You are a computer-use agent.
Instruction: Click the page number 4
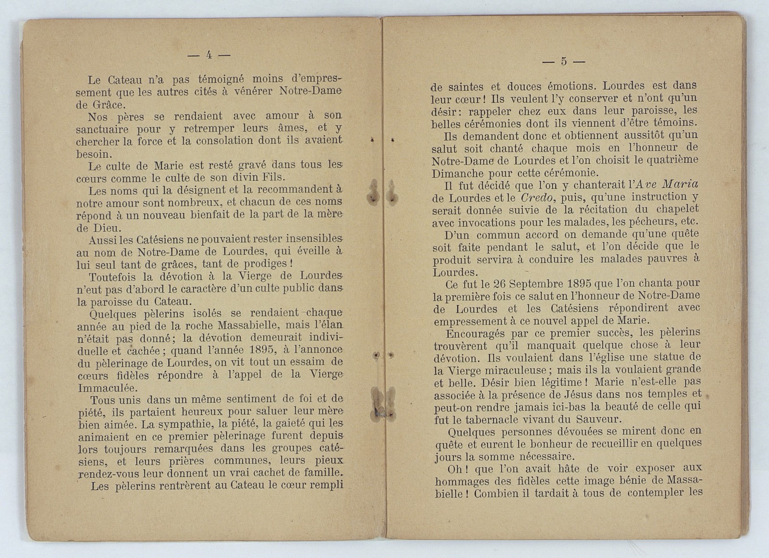(209, 55)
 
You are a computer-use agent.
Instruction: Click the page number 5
(564, 61)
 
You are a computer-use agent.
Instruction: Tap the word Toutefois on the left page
(112, 277)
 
